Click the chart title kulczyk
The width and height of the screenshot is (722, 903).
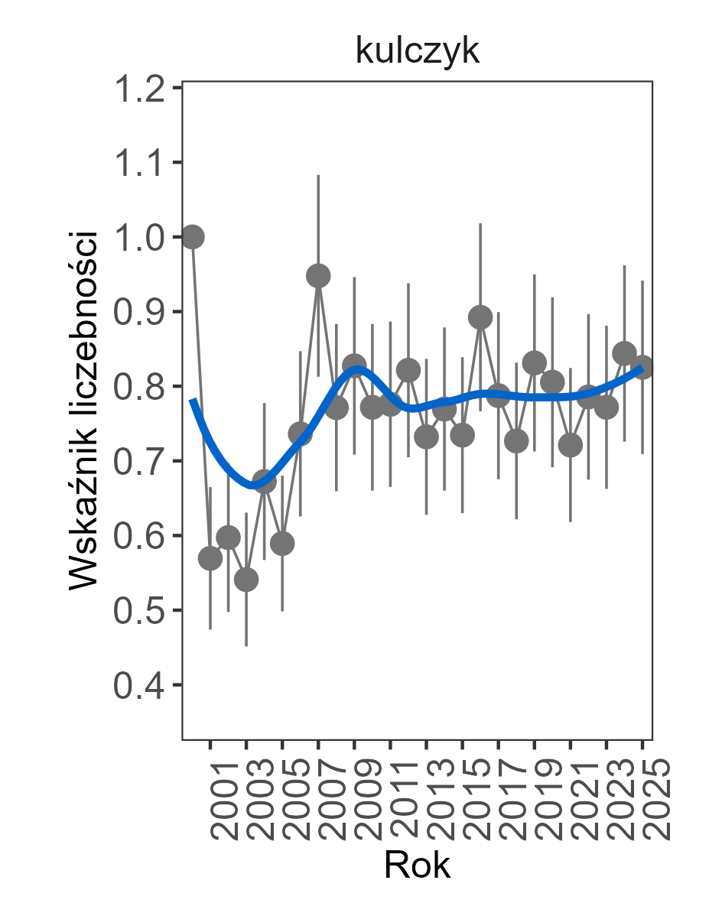pos(417,52)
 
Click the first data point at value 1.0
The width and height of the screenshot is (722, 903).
pos(192,237)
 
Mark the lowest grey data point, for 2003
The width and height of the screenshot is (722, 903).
pos(246,580)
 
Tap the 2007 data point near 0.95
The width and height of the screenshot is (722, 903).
pos(318,276)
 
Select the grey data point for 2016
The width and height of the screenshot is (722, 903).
pos(480,317)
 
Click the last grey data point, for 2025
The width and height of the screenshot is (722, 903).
pos(642,367)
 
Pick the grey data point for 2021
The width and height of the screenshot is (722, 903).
pos(571,445)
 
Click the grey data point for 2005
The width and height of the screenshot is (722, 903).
pos(282,544)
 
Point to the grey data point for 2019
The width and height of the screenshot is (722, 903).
pos(535,362)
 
